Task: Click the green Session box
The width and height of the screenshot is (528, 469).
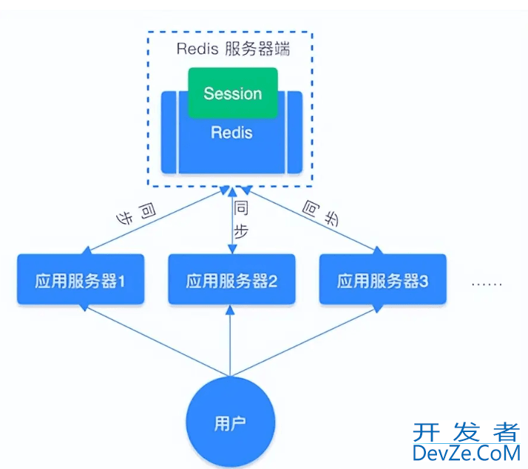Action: tap(232, 93)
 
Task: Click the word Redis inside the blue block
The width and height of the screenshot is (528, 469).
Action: tap(231, 133)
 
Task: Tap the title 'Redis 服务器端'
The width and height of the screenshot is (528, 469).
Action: tap(233, 49)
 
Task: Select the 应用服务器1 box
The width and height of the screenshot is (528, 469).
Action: tap(80, 280)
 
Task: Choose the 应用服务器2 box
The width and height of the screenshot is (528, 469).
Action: tap(231, 280)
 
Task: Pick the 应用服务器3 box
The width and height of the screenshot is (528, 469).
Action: tap(382, 280)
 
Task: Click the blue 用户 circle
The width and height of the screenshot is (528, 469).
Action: tap(231, 423)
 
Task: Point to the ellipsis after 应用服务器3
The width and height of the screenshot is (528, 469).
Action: tap(486, 284)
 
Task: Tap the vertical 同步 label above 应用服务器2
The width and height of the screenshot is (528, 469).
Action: tap(242, 219)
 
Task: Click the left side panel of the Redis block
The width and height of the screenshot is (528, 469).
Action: tap(169, 131)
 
